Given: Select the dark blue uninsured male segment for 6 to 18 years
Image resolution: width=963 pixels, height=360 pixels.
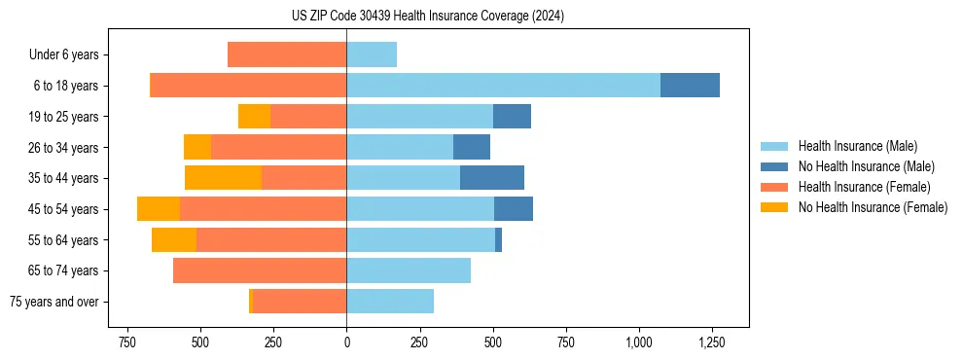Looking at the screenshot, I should (x=690, y=86).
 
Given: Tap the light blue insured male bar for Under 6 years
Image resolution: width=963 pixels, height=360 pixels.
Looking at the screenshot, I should (x=372, y=54).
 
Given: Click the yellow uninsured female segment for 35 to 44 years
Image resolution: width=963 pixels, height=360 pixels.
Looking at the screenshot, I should (x=223, y=178).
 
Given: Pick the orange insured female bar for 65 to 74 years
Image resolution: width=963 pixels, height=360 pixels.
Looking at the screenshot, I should (x=260, y=270).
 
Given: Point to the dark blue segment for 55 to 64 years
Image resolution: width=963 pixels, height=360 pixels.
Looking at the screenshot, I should (x=498, y=239).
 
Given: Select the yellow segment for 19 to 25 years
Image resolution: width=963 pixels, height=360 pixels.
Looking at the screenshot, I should (x=254, y=117).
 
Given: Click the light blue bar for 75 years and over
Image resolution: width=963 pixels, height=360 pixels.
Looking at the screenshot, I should (x=390, y=302).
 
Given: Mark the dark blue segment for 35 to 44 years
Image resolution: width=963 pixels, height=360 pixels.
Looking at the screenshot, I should (x=492, y=178).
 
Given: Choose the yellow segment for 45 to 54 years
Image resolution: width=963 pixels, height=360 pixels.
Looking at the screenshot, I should (x=159, y=209).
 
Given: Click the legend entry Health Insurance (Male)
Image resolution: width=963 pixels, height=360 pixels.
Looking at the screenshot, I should (x=857, y=146).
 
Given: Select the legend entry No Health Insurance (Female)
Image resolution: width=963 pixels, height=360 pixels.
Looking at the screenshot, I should (x=873, y=207).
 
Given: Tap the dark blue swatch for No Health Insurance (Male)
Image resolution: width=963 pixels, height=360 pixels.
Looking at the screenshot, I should (x=774, y=166).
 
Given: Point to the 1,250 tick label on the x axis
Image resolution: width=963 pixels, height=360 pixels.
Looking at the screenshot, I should (x=712, y=342).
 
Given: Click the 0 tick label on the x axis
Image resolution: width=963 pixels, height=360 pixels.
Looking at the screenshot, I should (x=346, y=342).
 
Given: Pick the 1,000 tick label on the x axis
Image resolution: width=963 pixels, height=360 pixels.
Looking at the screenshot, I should (x=639, y=342).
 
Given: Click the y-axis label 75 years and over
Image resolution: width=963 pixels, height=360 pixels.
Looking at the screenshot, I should (x=53, y=302).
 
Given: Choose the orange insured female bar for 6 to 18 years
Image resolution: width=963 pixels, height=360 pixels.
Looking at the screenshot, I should (x=249, y=86).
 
